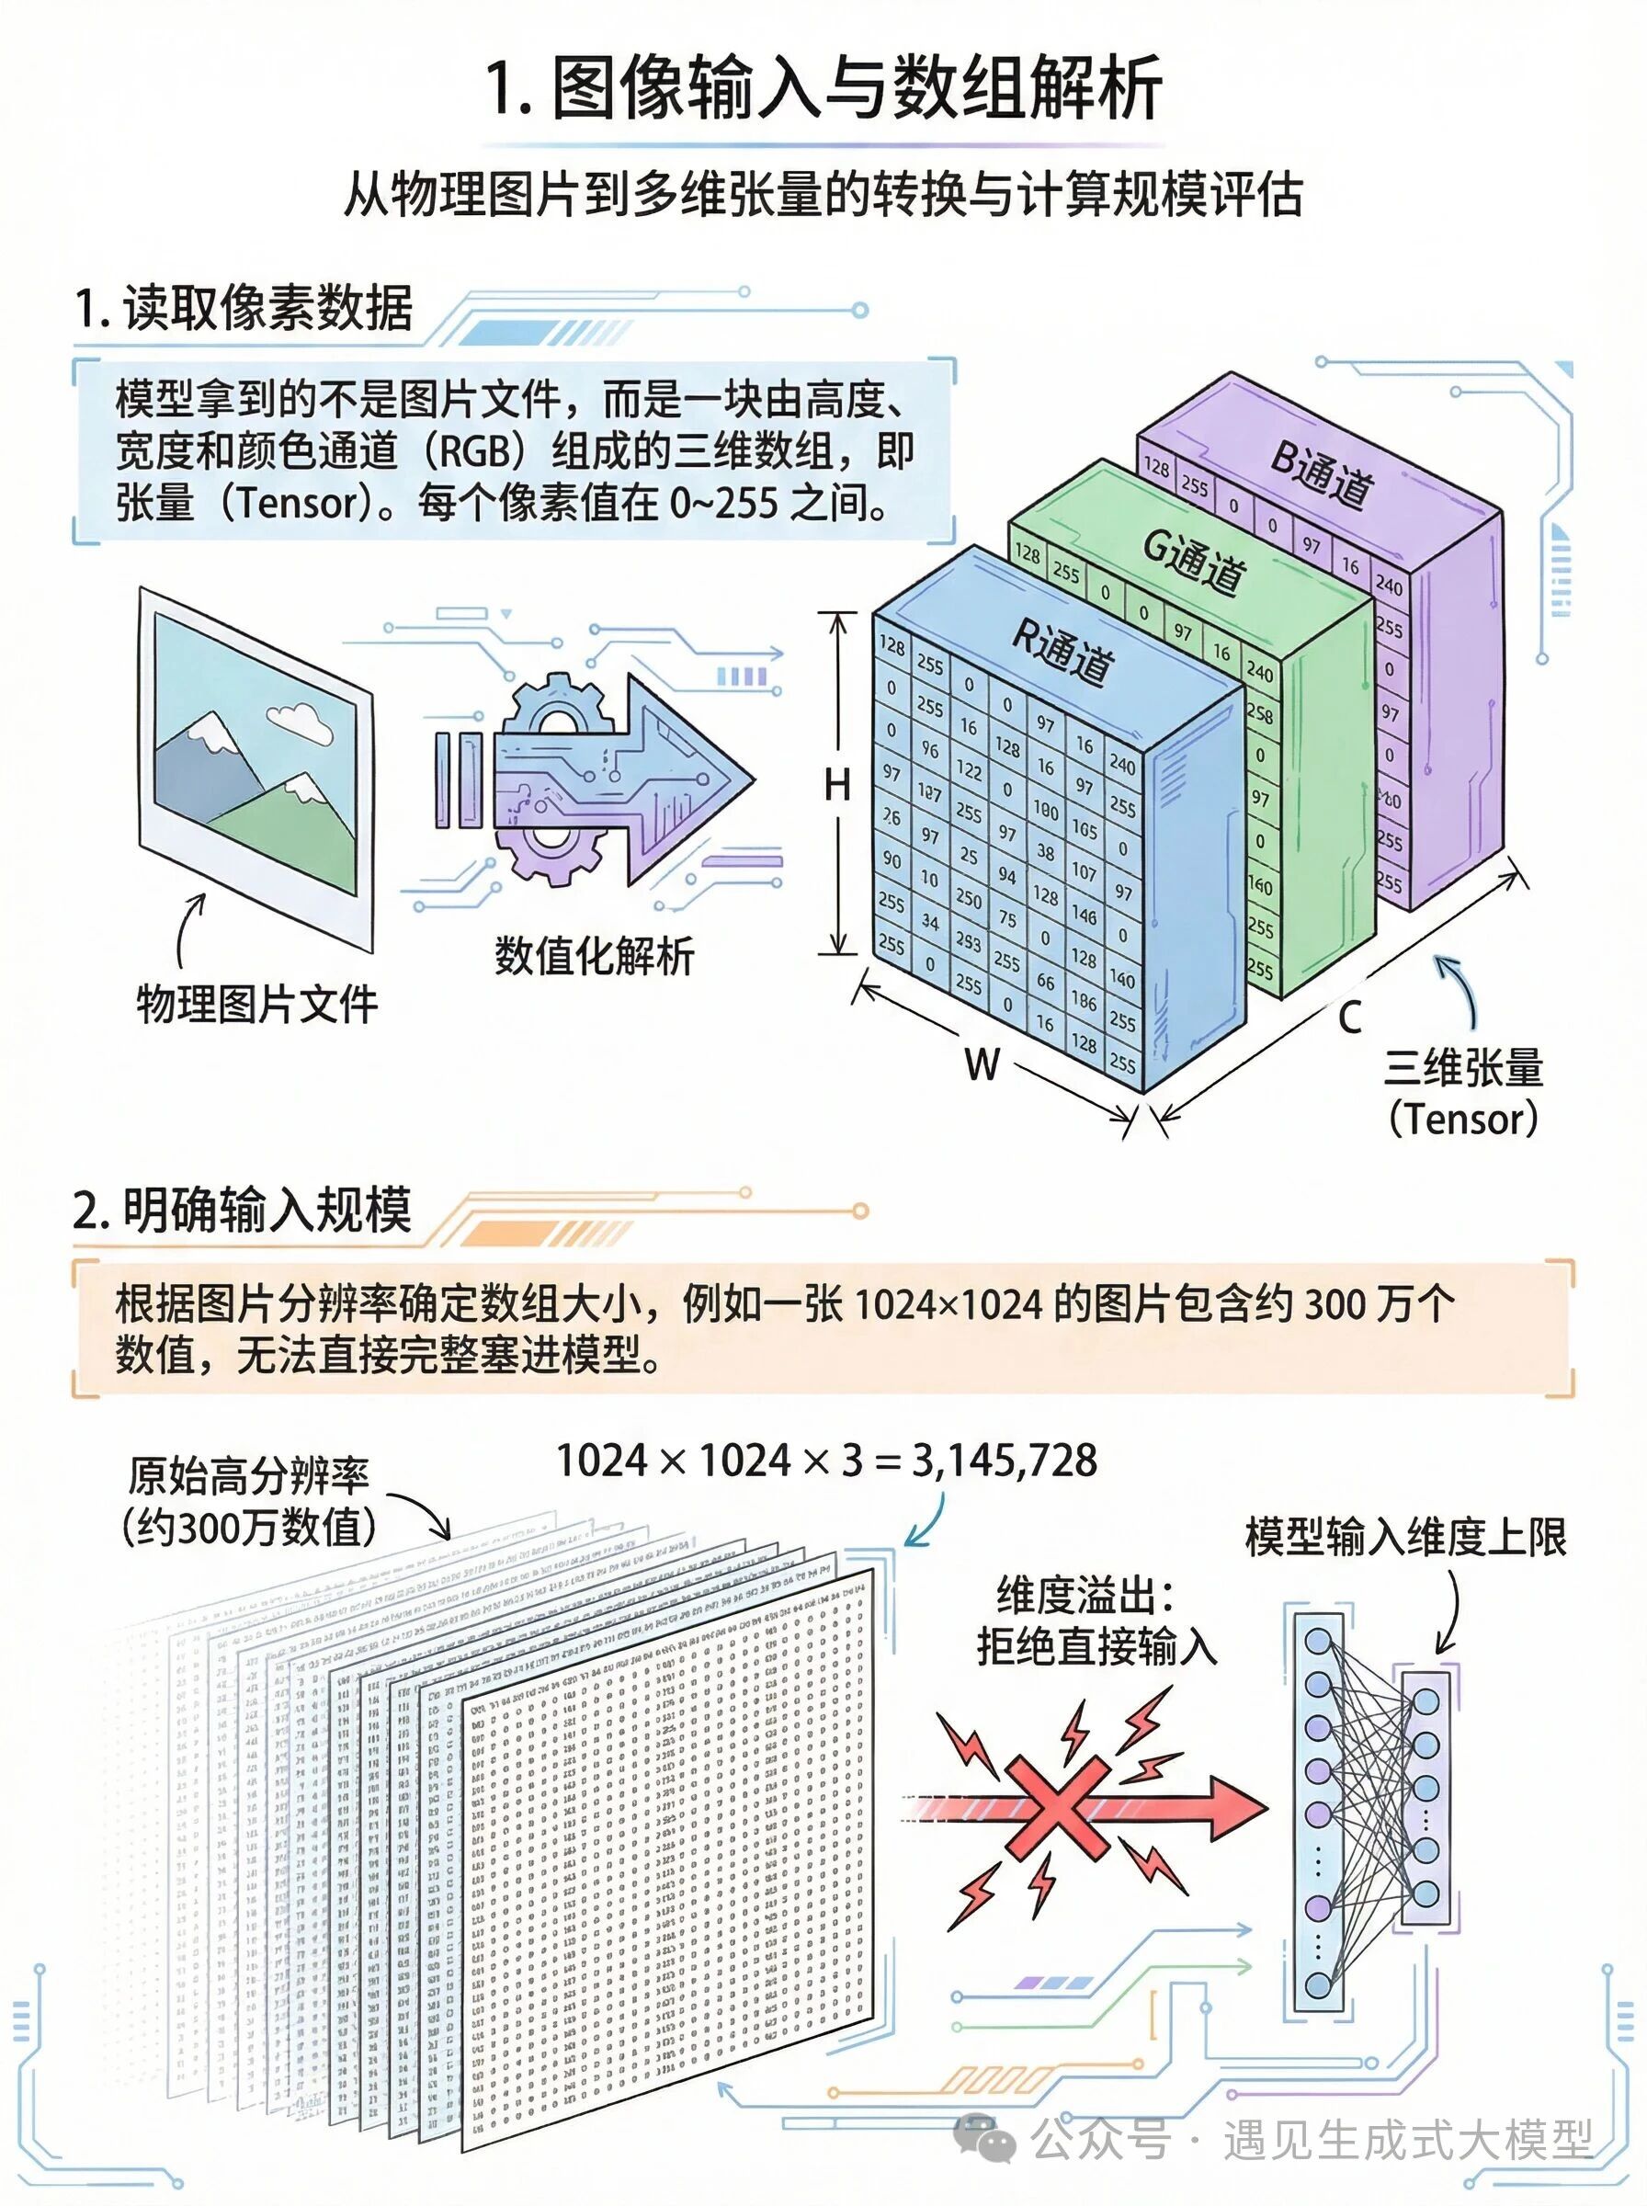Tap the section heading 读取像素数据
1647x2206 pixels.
[267, 307]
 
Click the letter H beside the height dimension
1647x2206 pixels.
[837, 786]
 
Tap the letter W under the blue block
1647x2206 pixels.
[982, 1063]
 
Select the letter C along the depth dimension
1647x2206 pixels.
[1350, 1018]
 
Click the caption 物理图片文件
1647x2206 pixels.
[257, 1004]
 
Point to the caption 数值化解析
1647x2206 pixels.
[595, 956]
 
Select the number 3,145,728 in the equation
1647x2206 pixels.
[1004, 1461]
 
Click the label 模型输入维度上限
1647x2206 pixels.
[1405, 1537]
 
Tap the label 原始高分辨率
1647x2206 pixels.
[249, 1476]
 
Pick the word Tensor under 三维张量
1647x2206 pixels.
[1462, 1119]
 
